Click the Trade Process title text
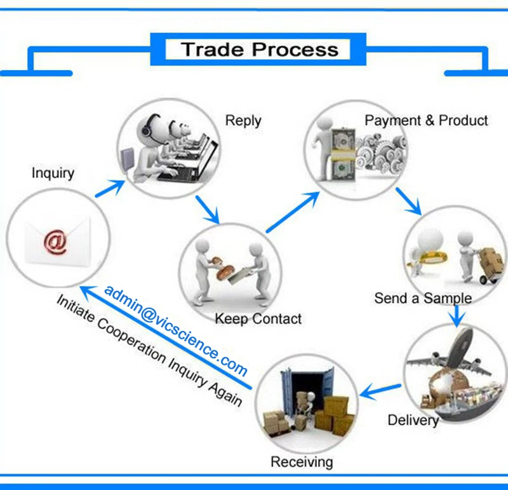pos(260,50)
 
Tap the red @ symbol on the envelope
pos(55,242)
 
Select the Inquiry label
pos(53,173)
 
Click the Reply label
pos(243,121)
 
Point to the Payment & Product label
pos(426,120)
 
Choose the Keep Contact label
pos(258,319)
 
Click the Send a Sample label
pos(423,298)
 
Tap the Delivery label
pos(413,420)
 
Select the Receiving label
pos(302,462)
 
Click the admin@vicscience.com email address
pos(176,330)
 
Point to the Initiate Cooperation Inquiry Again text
pos(149,351)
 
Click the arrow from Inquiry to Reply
pos(110,188)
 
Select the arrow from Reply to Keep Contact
pos(208,210)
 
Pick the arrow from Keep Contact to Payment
pos(293,212)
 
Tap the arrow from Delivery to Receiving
pos(380,391)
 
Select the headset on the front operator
pos(148,126)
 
